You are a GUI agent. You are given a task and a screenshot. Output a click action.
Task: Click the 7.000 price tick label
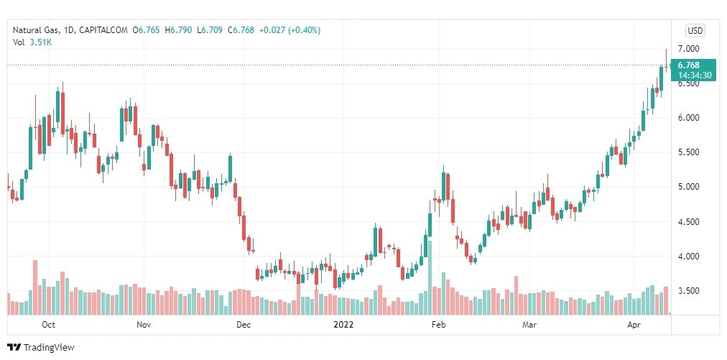689,49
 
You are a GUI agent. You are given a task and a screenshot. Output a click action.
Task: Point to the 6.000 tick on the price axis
689,118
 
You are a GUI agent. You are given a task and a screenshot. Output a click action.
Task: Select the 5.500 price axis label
689,152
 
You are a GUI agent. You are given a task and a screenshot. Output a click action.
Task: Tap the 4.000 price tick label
689,257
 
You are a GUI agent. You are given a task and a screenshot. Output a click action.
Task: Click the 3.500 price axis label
689,291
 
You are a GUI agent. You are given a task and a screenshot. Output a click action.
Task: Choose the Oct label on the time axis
49,325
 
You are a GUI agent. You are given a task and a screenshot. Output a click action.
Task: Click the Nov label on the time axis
143,325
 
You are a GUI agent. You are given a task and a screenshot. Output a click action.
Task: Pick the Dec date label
243,325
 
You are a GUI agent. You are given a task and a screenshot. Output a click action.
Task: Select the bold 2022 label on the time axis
344,325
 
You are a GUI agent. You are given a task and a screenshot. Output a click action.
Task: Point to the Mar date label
529,325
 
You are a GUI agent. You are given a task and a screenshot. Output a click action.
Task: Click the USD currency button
695,30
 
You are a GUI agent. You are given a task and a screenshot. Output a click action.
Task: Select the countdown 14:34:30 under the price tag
694,75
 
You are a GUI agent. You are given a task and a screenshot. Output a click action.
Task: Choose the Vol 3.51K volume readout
32,42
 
